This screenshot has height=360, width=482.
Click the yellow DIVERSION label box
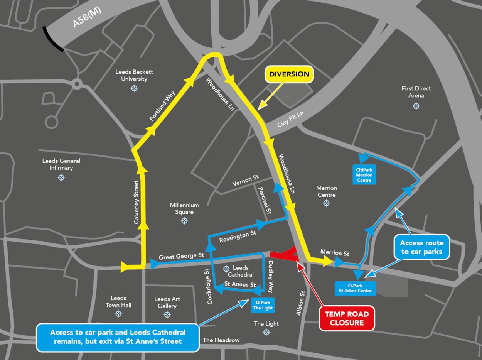point(289,74)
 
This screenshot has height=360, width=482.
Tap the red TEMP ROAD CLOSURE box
point(347,318)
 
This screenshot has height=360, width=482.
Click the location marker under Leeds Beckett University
point(134,88)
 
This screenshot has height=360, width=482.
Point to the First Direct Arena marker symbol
point(416,106)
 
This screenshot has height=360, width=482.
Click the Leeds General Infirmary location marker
point(61,177)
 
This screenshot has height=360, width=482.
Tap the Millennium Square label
point(184,208)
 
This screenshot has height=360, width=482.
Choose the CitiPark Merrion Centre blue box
point(364,175)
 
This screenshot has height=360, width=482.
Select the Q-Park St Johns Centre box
point(355,288)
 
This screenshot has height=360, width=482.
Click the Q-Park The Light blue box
point(263,305)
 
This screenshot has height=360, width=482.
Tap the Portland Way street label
point(162,106)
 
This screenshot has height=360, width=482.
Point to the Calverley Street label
point(136,202)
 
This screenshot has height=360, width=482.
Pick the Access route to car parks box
point(421,247)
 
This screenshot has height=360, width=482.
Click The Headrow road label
point(221,340)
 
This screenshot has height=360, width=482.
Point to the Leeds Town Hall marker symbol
point(118,314)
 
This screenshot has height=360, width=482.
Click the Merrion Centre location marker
point(327,203)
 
